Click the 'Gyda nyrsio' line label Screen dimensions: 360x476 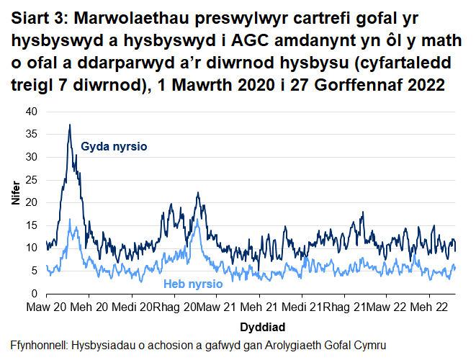(114, 147)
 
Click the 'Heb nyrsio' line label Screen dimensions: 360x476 (193, 284)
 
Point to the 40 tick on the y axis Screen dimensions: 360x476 (30, 112)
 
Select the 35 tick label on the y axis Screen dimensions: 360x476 (30, 134)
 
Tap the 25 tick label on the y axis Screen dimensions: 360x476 (30, 180)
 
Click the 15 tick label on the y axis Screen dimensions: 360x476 (30, 225)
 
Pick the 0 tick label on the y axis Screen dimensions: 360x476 (32, 294)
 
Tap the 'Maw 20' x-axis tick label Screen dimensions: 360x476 (47, 307)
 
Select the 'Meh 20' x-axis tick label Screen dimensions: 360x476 (89, 307)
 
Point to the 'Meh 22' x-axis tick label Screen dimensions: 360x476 (429, 307)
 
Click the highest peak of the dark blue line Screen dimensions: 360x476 (69, 125)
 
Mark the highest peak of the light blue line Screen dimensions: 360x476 (69, 219)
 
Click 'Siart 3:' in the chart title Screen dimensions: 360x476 (40, 16)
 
